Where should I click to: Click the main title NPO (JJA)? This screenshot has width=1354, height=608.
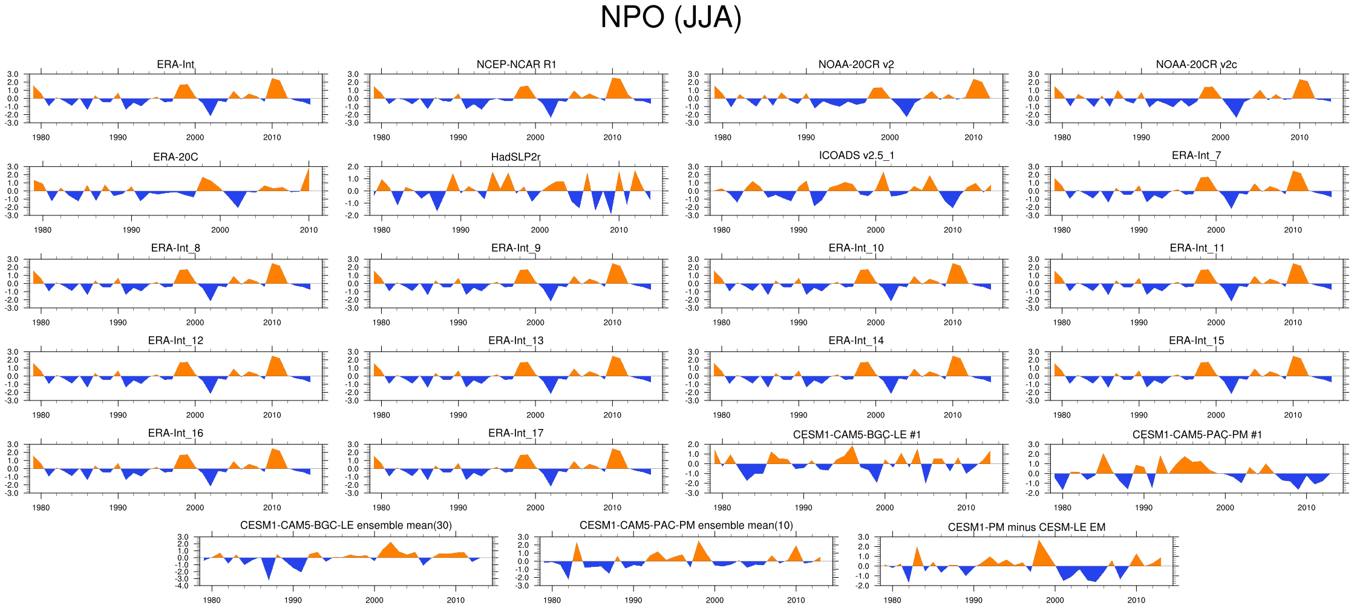[670, 17]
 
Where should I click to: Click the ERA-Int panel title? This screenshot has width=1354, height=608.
[175, 64]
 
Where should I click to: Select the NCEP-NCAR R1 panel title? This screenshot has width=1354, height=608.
[516, 64]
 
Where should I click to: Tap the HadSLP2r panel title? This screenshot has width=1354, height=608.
[515, 157]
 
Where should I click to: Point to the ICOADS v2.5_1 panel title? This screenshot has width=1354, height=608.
[856, 155]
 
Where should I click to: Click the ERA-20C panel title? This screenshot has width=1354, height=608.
[175, 157]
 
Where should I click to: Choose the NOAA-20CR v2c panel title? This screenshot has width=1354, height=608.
[1196, 64]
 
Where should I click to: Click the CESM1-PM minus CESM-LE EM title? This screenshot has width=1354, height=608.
[1026, 527]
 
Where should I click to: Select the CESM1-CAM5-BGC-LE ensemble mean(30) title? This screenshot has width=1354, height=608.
[345, 525]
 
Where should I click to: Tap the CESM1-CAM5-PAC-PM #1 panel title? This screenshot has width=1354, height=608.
[1197, 434]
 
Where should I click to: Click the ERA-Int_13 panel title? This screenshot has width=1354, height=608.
[515, 341]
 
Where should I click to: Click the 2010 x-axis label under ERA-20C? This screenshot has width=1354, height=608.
[309, 230]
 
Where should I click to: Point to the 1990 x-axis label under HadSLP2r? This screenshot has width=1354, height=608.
[460, 230]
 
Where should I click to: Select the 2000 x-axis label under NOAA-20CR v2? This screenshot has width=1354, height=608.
[889, 137]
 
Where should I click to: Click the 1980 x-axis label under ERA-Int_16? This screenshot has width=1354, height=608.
[41, 508]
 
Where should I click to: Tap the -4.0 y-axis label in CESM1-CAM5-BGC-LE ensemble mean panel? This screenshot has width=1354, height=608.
[183, 586]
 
